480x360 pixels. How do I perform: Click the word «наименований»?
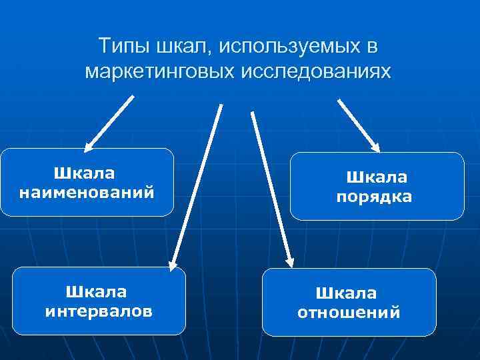[87, 193]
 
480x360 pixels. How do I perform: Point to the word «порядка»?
[374, 197]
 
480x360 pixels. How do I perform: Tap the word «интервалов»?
[99, 311]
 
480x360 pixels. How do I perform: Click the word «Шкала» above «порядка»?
[376, 177]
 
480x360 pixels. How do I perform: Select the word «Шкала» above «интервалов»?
[97, 291]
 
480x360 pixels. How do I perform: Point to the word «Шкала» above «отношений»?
[346, 293]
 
